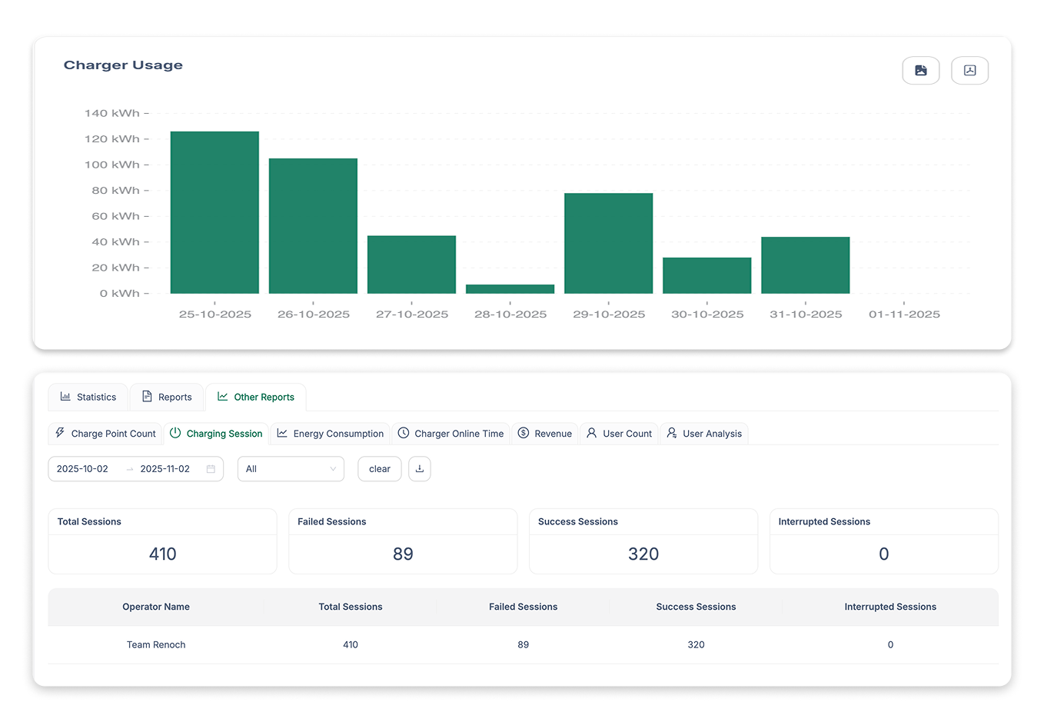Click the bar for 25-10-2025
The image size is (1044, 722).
coord(214,212)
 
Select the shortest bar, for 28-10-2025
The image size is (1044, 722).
coord(510,289)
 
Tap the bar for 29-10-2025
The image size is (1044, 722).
coord(608,243)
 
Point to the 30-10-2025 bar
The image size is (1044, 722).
coord(707,275)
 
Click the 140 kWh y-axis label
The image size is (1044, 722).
coord(112,113)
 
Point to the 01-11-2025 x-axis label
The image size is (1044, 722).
coord(904,314)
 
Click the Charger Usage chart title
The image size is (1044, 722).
coord(123,65)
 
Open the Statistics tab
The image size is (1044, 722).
coord(88,397)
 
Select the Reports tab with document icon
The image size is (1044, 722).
coord(167,397)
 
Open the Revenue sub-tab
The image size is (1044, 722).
coord(545,434)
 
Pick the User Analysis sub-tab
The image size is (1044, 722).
coord(704,434)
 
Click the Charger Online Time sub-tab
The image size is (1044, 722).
coord(451,434)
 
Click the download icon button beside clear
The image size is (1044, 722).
coord(420,469)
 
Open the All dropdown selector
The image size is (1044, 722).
coord(291,469)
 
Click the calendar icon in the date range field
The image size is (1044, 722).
coord(211,469)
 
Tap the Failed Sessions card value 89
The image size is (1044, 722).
coord(403,554)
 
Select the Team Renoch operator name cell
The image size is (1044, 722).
coord(156,644)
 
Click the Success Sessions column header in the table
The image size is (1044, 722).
coord(696,607)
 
